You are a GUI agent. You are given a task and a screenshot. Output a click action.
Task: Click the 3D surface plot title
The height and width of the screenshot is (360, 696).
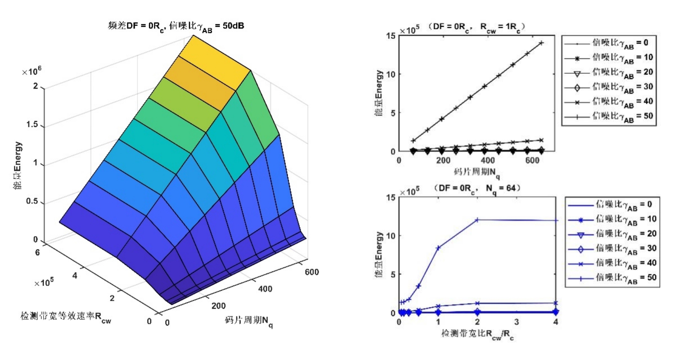pyautogui.click(x=176, y=26)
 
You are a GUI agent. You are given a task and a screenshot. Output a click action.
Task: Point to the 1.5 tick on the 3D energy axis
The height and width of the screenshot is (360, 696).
pyautogui.click(x=32, y=124)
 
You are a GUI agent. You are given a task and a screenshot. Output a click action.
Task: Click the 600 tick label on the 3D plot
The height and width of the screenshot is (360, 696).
pyautogui.click(x=312, y=272)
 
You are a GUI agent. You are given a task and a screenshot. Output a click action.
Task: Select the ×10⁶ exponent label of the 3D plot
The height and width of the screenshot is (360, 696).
pyautogui.click(x=32, y=72)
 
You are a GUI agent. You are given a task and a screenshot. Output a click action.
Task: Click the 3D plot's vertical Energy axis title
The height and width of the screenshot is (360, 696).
pyautogui.click(x=17, y=165)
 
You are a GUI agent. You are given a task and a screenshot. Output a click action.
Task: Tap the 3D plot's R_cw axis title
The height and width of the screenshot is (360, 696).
pyautogui.click(x=66, y=317)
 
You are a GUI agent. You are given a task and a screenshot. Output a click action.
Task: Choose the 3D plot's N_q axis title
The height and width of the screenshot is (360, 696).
pyautogui.click(x=249, y=321)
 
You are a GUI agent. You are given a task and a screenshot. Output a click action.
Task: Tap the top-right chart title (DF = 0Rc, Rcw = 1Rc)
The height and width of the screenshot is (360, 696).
pyautogui.click(x=476, y=27)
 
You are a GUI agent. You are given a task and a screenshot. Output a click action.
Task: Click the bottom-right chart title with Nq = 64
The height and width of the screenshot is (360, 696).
pyautogui.click(x=477, y=188)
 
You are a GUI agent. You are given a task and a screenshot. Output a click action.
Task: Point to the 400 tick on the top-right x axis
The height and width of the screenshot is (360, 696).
pyautogui.click(x=488, y=160)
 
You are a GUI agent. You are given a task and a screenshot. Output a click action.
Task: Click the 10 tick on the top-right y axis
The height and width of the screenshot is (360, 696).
pyautogui.click(x=390, y=75)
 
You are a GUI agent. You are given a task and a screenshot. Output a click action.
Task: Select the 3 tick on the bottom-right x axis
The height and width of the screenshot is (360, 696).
pyautogui.click(x=516, y=322)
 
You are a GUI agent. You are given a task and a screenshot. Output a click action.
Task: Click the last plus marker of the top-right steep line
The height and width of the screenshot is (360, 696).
pyautogui.click(x=541, y=43)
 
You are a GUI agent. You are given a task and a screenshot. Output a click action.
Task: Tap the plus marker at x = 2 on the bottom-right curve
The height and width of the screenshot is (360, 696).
pyautogui.click(x=477, y=220)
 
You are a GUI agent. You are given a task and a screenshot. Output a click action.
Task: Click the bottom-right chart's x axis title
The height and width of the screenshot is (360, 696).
pyautogui.click(x=477, y=334)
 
